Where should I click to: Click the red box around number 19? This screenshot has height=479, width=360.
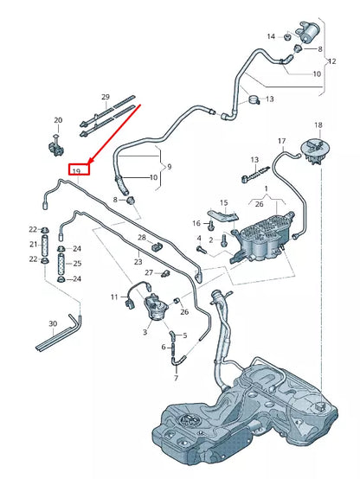point(77,171)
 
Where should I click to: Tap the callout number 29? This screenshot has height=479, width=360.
point(106,97)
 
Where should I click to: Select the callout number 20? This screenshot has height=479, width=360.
point(58,120)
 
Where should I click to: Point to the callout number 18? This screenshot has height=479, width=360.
point(318,126)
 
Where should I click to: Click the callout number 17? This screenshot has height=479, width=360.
point(281,141)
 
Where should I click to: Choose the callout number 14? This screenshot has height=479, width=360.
point(271,36)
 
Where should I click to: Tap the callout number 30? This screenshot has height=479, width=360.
point(53,323)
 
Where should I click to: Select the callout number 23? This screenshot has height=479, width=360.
point(138,260)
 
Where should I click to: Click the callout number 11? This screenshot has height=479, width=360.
point(113,297)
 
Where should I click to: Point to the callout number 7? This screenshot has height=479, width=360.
point(175,378)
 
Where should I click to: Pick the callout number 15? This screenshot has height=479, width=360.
point(223,202)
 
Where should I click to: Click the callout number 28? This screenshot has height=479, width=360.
point(142,238)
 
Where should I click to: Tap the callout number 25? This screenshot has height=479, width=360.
point(77,263)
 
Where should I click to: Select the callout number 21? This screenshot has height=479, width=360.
point(33,244)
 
